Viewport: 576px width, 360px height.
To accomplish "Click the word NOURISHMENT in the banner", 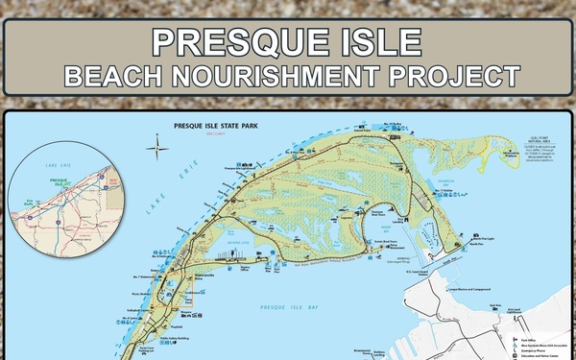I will coord(288,74).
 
